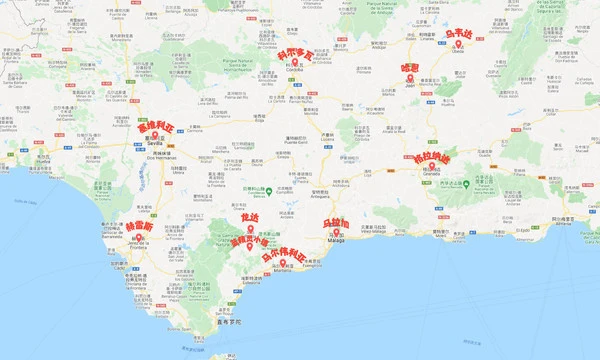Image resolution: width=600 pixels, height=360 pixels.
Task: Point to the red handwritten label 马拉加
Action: click(336, 223)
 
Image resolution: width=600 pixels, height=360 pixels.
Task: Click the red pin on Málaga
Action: click(337, 233)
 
